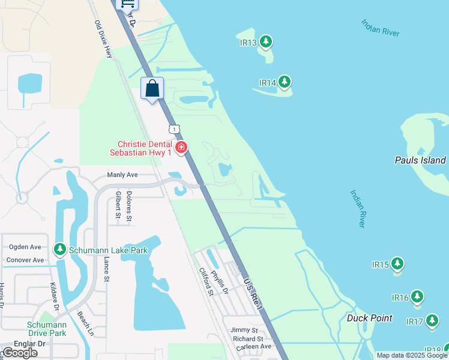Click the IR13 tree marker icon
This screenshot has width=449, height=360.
click(x=265, y=42)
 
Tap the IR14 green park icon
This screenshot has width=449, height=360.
click(x=284, y=82)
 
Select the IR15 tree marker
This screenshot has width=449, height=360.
click(x=397, y=263)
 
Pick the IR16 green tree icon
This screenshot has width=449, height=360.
click(x=417, y=296)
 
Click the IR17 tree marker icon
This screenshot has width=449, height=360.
click(x=432, y=321)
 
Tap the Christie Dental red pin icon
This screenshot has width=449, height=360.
click(x=181, y=147)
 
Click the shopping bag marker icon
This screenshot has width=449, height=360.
click(x=152, y=88)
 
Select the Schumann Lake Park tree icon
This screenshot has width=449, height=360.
click(x=59, y=248)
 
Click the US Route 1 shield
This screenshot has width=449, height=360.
click(x=174, y=129)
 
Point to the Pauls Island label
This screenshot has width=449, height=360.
click(x=420, y=160)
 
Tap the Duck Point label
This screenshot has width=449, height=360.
click(x=370, y=318)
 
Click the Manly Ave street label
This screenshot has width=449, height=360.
click(x=122, y=175)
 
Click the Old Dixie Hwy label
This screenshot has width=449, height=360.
click(x=104, y=40)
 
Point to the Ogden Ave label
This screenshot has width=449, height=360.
click(x=25, y=247)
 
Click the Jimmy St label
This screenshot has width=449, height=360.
click(x=244, y=331)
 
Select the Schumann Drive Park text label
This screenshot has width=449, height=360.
click(x=46, y=329)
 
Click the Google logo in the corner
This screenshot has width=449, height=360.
click(x=19, y=353)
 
